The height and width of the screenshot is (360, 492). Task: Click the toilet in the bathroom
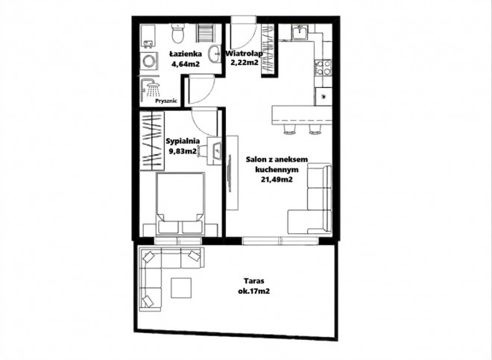179,34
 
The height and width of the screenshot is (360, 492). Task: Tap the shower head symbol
153,89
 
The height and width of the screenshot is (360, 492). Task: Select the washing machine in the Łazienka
147,61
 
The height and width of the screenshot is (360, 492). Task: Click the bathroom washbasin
215,54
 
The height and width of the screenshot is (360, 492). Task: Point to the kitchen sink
300,32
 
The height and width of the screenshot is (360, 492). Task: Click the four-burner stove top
324,68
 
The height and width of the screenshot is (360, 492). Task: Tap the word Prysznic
167,101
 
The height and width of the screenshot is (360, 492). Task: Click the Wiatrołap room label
244,54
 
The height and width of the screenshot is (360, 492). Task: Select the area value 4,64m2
186,64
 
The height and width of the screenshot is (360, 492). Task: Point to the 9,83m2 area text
183,151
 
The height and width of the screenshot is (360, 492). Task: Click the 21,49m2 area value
277,180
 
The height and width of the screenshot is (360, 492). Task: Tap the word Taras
254,281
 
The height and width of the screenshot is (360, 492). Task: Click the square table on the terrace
181,288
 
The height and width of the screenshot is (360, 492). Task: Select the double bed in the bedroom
180,203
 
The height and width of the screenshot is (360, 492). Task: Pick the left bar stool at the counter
289,129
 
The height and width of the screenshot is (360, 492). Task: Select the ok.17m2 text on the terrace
254,291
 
